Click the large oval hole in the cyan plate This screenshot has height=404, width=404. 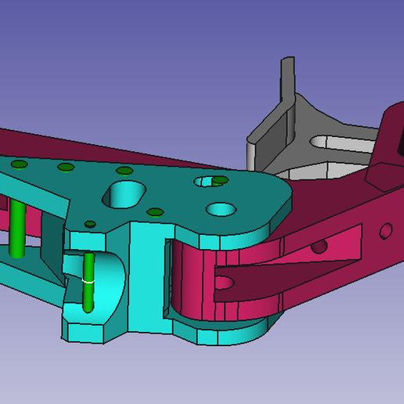(x=125, y=193)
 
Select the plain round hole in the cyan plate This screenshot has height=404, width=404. (x=220, y=210)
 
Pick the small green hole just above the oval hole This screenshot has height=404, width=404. (x=123, y=171)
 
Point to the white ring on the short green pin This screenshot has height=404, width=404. (x=89, y=280)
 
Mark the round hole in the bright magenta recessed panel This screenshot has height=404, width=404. (x=318, y=246)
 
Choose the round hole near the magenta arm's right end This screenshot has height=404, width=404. (x=385, y=231)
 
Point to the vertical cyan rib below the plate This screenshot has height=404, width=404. (x=146, y=274)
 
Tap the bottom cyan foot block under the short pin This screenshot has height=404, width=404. (x=86, y=330)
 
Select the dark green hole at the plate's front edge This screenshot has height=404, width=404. (x=91, y=224)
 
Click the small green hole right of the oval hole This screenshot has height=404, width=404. (x=155, y=211)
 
